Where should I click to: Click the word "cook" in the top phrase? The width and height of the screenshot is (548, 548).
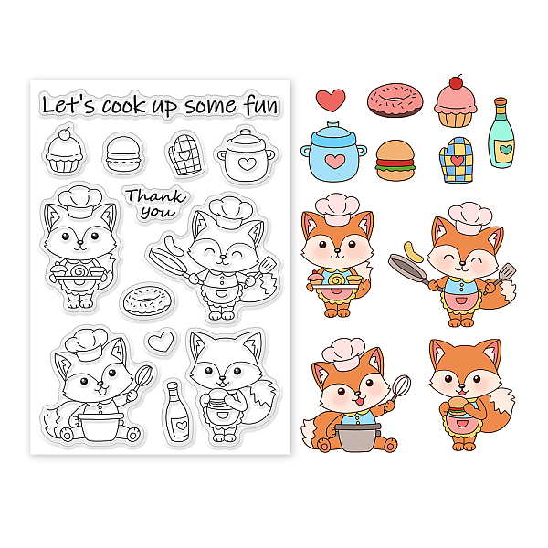(123, 105)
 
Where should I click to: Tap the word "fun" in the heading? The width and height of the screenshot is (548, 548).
(261, 104)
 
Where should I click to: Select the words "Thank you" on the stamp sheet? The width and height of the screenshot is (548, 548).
(154, 204)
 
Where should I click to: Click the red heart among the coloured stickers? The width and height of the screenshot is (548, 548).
(331, 100)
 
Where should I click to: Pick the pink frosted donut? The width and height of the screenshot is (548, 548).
(395, 100)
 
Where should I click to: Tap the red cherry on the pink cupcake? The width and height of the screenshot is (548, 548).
(455, 82)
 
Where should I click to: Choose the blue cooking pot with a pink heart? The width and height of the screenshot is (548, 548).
(333, 152)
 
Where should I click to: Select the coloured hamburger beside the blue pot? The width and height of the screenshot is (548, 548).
(395, 161)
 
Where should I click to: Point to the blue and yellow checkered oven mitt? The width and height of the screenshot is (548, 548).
(456, 160)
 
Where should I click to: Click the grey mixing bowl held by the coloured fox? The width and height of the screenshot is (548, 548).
(357, 437)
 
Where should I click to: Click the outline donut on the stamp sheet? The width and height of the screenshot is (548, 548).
(147, 300)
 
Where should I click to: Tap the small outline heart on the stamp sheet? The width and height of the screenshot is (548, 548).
(160, 341)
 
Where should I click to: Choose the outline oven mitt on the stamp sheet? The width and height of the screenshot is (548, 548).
(184, 154)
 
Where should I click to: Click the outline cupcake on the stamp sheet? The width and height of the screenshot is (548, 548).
(65, 151)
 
